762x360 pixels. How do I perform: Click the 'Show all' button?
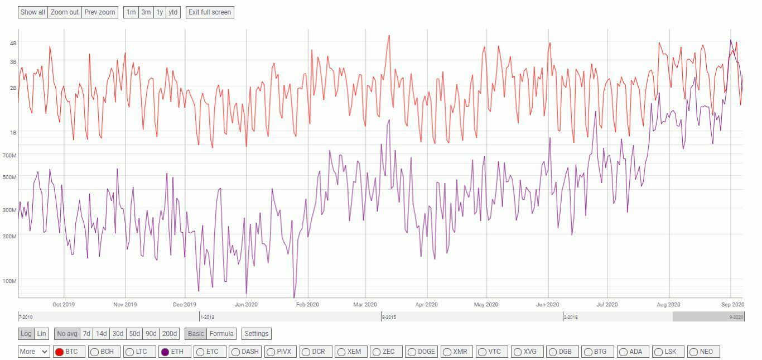pos(33,12)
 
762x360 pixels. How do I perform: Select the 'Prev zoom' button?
pos(100,12)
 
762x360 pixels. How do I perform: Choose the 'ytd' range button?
pos(173,12)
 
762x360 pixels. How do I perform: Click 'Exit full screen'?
pos(210,12)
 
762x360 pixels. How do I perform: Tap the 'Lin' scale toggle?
pos(41,334)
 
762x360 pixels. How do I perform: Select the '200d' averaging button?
pos(169,334)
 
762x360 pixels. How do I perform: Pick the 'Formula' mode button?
pos(221,334)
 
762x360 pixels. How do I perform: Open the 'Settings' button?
pos(257,334)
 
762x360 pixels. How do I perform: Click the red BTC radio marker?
pos(59,352)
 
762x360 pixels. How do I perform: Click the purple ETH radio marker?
pos(165,352)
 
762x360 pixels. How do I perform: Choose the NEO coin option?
pos(693,352)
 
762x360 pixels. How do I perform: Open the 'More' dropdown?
pos(34,352)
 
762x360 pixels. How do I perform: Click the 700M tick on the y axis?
pos(10,155)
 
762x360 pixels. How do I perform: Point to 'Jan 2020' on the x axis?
pos(246,305)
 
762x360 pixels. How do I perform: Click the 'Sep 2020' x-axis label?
pos(733,305)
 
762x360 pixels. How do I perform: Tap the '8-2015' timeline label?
pos(389,317)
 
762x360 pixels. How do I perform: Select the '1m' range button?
pos(131,12)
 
